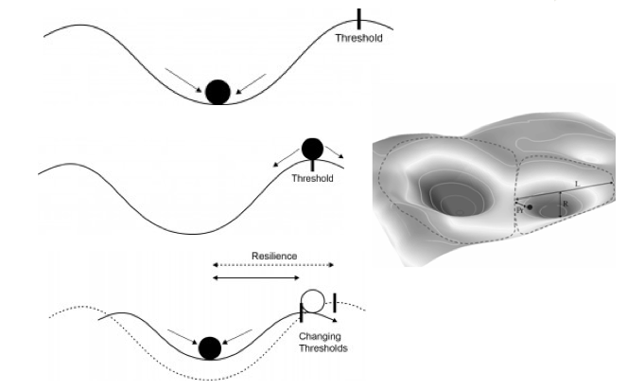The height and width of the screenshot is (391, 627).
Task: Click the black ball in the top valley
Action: pyautogui.click(x=218, y=91)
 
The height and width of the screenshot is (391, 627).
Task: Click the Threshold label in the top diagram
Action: pyautogui.click(x=359, y=39)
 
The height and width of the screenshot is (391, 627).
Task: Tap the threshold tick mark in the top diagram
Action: pyautogui.click(x=359, y=19)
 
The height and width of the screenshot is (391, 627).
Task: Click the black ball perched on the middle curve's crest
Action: pyautogui.click(x=312, y=148)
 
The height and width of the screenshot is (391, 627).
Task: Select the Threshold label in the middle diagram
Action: pyautogui.click(x=313, y=178)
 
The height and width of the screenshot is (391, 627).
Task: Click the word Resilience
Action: pyautogui.click(x=274, y=256)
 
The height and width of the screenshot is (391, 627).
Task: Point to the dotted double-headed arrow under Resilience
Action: pyautogui.click(x=273, y=266)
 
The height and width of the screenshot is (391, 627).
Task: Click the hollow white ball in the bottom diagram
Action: pyautogui.click(x=312, y=302)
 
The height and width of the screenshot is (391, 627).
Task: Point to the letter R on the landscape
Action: pyautogui.click(x=565, y=204)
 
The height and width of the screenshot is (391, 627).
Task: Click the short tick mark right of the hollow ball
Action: pyautogui.click(x=334, y=302)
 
